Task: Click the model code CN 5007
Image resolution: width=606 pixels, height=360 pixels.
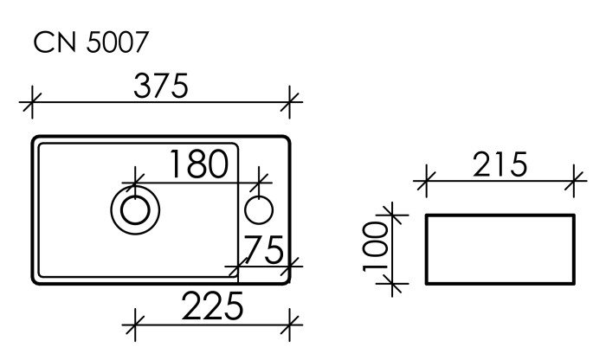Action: [91, 44]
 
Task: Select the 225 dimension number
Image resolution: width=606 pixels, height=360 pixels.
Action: [212, 306]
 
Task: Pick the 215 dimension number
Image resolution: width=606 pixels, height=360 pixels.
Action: [500, 164]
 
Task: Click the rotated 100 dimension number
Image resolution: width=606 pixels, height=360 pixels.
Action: [376, 246]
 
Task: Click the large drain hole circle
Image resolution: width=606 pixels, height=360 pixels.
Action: [134, 209]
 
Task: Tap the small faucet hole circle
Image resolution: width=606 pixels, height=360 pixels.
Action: [259, 209]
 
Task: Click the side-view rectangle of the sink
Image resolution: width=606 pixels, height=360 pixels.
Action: [500, 248]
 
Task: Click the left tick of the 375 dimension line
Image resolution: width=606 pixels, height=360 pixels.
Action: [32, 102]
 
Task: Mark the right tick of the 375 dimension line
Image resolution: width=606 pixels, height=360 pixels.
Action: [292, 102]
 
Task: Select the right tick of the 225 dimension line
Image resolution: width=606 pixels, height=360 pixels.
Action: [292, 325]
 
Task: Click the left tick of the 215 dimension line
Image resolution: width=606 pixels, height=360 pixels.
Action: [425, 182]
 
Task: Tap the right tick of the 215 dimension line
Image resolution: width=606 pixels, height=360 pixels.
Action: [575, 182]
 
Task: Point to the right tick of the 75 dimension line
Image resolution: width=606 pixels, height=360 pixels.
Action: [292, 266]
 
